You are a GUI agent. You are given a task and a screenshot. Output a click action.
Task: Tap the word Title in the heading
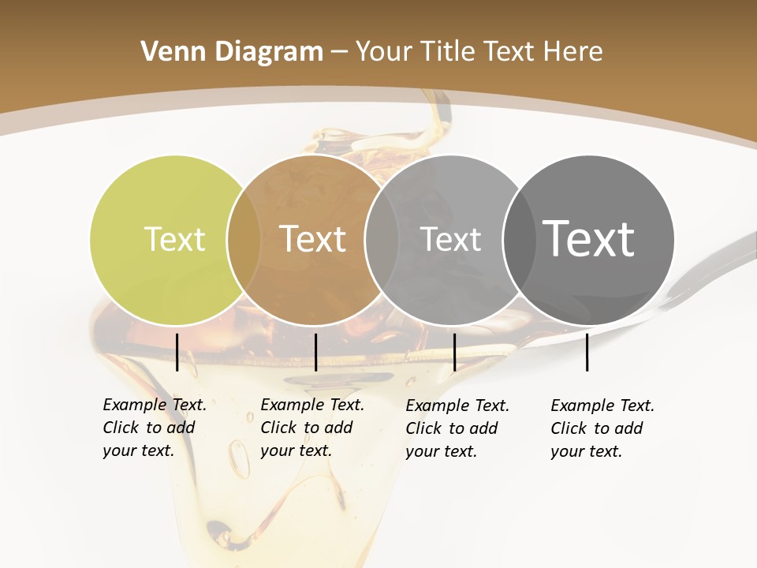point(448,52)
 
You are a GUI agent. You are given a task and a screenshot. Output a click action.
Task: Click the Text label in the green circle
point(174,239)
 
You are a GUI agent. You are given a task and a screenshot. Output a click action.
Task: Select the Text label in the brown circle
point(312,239)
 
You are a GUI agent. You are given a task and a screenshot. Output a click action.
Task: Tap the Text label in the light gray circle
point(450,239)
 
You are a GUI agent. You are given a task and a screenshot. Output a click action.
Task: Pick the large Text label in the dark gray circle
point(588,238)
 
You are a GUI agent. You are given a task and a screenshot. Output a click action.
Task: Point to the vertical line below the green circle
point(177,352)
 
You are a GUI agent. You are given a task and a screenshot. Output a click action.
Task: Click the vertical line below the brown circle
point(315,352)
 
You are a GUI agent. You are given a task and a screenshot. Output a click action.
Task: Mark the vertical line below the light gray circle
point(454,352)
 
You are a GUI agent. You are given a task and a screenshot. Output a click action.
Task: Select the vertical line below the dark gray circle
point(587,352)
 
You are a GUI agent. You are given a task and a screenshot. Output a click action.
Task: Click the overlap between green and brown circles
point(244,240)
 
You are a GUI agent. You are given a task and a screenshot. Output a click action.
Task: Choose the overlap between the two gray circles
point(517,240)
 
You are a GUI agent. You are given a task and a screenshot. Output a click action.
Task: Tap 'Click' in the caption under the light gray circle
point(424,428)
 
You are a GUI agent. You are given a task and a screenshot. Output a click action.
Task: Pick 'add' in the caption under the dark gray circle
point(628,428)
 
